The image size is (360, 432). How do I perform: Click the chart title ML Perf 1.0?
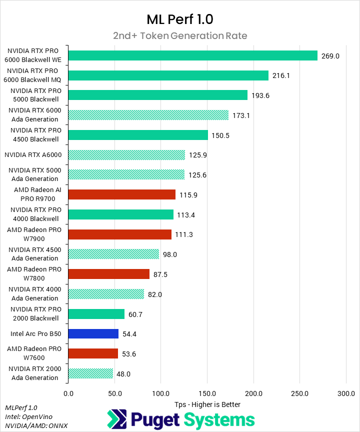(179, 19)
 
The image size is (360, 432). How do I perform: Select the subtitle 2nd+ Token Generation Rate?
(179, 36)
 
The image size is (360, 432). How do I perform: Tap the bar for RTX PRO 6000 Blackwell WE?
(192, 55)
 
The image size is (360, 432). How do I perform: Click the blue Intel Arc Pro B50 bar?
(93, 333)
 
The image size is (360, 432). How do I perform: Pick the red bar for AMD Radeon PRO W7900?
(119, 234)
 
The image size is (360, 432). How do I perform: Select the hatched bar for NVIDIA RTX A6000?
(126, 155)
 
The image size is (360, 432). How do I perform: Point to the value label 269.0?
(330, 56)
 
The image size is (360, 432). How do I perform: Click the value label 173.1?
(241, 115)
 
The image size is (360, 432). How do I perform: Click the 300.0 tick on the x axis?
(346, 393)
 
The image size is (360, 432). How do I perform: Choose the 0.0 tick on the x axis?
(68, 393)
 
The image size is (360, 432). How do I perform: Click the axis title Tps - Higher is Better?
(207, 404)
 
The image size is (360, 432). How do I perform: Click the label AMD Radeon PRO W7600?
(33, 353)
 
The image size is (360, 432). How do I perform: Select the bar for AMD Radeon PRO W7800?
(108, 274)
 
